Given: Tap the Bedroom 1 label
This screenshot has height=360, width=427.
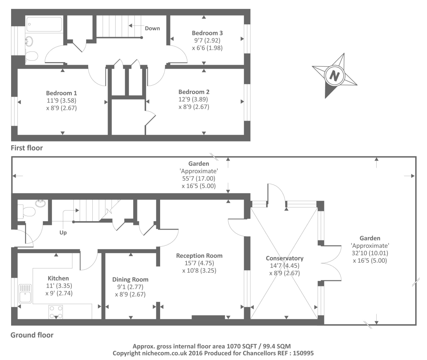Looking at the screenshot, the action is [61, 93].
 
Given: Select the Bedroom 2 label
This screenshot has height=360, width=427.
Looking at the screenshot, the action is [194, 92].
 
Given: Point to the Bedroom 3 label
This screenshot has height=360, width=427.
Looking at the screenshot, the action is [207, 33].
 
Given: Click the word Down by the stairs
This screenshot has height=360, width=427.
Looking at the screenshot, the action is [152, 28].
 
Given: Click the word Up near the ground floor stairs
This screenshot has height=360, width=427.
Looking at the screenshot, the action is [63, 232].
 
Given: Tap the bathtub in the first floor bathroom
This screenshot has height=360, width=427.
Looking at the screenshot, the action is [44, 24].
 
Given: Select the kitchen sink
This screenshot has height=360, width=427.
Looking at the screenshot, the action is [25, 294].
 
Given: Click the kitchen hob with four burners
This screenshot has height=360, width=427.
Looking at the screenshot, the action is [56, 312].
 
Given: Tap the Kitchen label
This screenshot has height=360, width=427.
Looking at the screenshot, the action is [58, 278].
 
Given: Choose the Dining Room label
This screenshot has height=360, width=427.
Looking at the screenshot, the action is [130, 280].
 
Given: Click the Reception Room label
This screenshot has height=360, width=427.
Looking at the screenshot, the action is [199, 256].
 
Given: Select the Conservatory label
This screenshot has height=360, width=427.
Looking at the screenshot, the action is [285, 258].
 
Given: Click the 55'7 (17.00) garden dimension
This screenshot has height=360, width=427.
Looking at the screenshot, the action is [199, 178].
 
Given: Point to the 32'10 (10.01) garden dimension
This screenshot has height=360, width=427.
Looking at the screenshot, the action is [370, 253].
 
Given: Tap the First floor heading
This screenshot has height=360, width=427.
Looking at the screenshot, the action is [27, 148].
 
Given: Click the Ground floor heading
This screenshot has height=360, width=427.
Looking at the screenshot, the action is [32, 335].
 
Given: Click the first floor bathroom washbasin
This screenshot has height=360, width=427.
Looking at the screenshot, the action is [29, 41].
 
